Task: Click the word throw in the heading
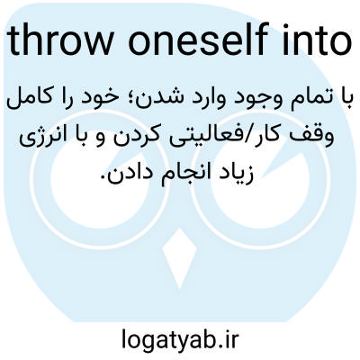[61, 41]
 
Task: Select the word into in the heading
[318, 41]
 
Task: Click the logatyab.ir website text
[180, 338]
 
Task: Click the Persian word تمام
[311, 99]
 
